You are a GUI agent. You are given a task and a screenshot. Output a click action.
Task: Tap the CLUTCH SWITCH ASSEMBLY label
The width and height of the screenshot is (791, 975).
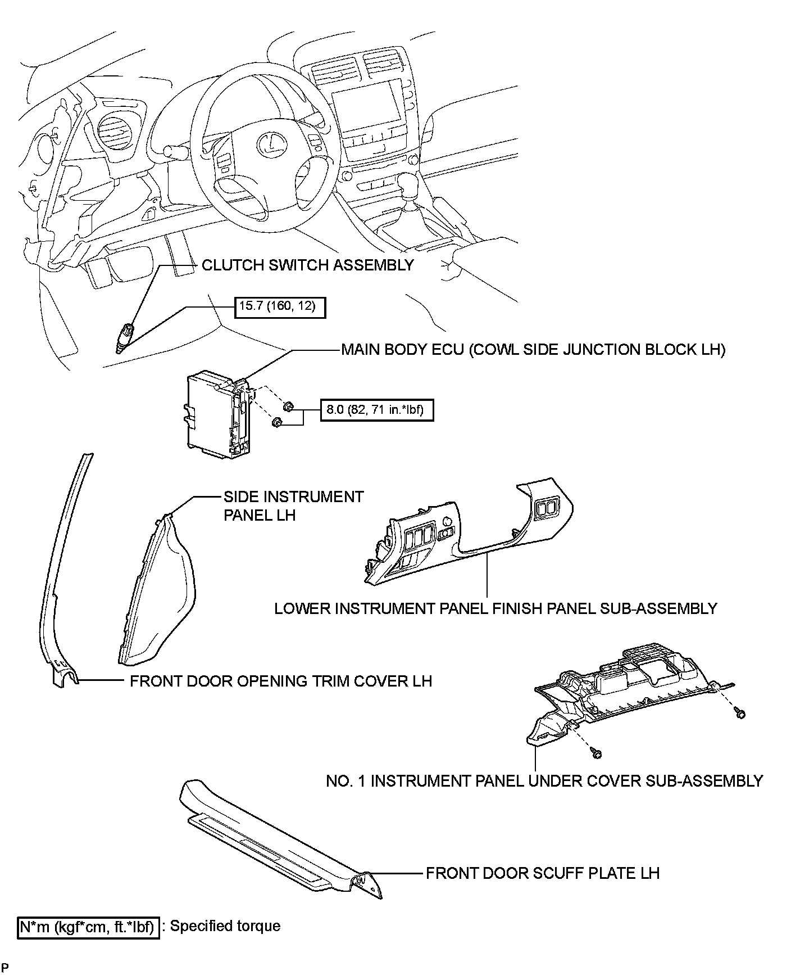click(307, 265)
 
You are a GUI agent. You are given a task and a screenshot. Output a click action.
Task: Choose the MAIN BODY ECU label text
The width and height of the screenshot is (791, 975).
click(533, 350)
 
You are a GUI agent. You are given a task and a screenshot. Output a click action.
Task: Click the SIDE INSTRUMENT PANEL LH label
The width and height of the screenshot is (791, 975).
click(293, 505)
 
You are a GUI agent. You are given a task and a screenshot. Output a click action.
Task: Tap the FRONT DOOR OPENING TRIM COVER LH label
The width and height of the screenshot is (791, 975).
click(281, 681)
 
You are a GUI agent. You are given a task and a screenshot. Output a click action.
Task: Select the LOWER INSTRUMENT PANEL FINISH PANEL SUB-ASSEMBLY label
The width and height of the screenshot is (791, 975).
click(495, 608)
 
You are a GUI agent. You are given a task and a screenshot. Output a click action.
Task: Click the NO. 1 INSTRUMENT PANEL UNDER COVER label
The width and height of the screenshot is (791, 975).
click(544, 780)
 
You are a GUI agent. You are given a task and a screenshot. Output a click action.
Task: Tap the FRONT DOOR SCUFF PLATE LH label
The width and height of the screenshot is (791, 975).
click(542, 873)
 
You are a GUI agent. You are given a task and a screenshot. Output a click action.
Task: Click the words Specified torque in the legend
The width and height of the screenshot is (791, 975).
click(225, 926)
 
